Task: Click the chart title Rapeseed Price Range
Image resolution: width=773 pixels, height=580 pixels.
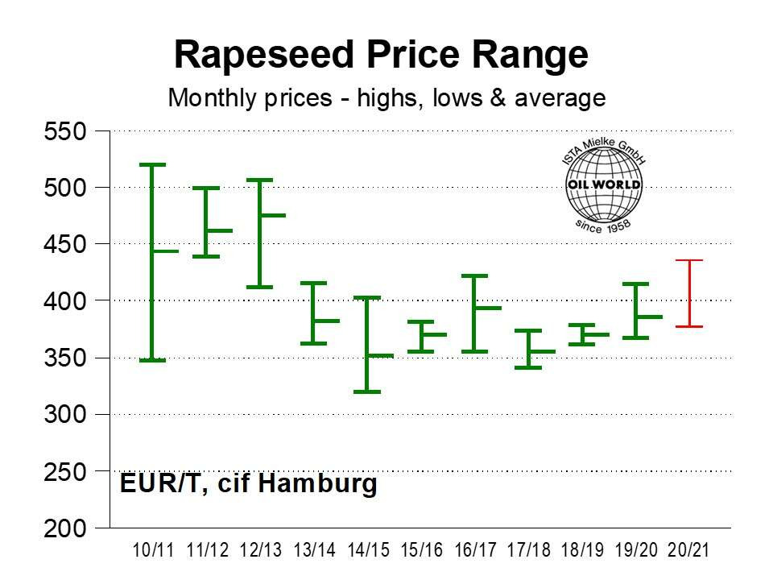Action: coord(382,55)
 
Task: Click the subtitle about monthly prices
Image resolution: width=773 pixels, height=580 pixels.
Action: coord(386,98)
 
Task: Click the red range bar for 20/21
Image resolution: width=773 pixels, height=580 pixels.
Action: coord(689,294)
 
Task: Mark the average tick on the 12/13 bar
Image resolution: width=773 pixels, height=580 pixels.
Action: coord(271,215)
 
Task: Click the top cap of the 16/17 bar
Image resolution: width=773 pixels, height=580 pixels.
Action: coord(474,275)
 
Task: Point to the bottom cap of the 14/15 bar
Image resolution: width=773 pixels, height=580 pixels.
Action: coord(367,391)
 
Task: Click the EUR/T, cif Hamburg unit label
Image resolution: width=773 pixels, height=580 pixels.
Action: coord(248,484)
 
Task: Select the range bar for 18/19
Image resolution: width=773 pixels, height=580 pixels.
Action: coord(581,334)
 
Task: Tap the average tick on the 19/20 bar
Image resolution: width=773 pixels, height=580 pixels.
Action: coord(647,317)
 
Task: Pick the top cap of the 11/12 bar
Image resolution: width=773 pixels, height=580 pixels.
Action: coord(206,188)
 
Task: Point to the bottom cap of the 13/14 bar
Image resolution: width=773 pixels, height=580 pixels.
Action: coord(313,343)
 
